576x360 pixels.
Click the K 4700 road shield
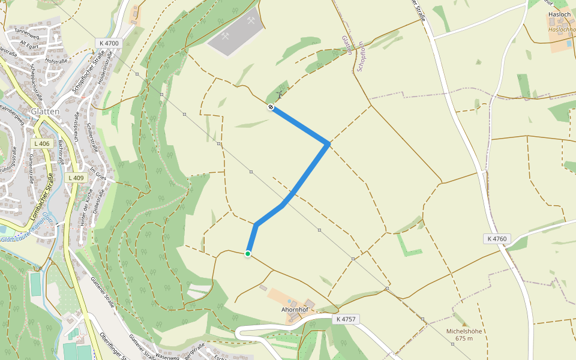pos(108,43)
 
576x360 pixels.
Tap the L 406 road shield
pos(43,143)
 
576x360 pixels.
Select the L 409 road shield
pos(76,178)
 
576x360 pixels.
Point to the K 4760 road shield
pos(497,239)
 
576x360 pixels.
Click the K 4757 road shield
pos(346,319)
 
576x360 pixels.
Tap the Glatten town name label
pos(45,112)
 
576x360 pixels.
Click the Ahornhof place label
pos(295,310)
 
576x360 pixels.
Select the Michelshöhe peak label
pos(464,331)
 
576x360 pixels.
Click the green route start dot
pos(247,254)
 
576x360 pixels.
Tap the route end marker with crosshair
pos(271,107)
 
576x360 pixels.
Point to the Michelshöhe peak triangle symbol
pos(463,323)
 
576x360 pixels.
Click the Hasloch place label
pos(559,14)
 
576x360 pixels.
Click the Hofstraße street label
pos(55,61)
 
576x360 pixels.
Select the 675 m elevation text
pos(464,338)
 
